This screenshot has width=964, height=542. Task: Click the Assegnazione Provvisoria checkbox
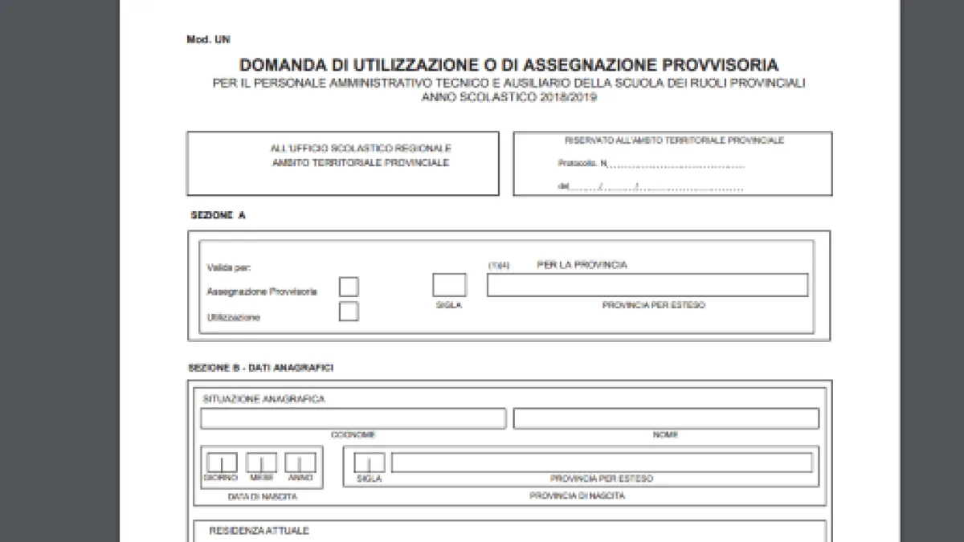pos(349,287)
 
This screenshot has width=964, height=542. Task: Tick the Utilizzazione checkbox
pos(349,312)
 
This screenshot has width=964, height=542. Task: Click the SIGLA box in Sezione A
pos(449,285)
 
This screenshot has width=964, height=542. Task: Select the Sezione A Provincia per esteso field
pos(647,285)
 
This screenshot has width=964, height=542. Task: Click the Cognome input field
pos(353,418)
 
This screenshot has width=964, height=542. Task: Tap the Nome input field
pos(666,418)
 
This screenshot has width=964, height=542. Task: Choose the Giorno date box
pos(222,463)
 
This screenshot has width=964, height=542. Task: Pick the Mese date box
pos(261,463)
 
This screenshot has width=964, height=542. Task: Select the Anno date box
pos(300,463)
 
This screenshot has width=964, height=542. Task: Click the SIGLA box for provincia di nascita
pos(369,463)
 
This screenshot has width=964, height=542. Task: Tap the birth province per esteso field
pos(602,463)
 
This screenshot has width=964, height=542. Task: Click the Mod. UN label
pos(208,39)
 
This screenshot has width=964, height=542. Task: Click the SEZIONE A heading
pos(217,215)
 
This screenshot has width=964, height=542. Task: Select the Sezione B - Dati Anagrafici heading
pos(260,368)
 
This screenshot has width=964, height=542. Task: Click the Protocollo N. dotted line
pos(675,165)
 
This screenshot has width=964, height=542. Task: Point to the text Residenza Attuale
pos(259,531)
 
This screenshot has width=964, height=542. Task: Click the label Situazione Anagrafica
pos(263,399)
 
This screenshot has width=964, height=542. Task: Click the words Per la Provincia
pos(582,265)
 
